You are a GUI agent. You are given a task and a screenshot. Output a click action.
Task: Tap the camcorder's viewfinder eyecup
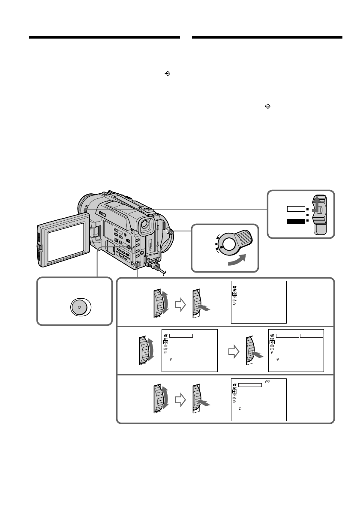coord(146,225)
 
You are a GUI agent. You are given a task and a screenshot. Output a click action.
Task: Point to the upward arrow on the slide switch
coord(317,204)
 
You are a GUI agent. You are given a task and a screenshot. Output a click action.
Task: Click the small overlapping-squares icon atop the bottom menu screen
coord(267,381)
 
